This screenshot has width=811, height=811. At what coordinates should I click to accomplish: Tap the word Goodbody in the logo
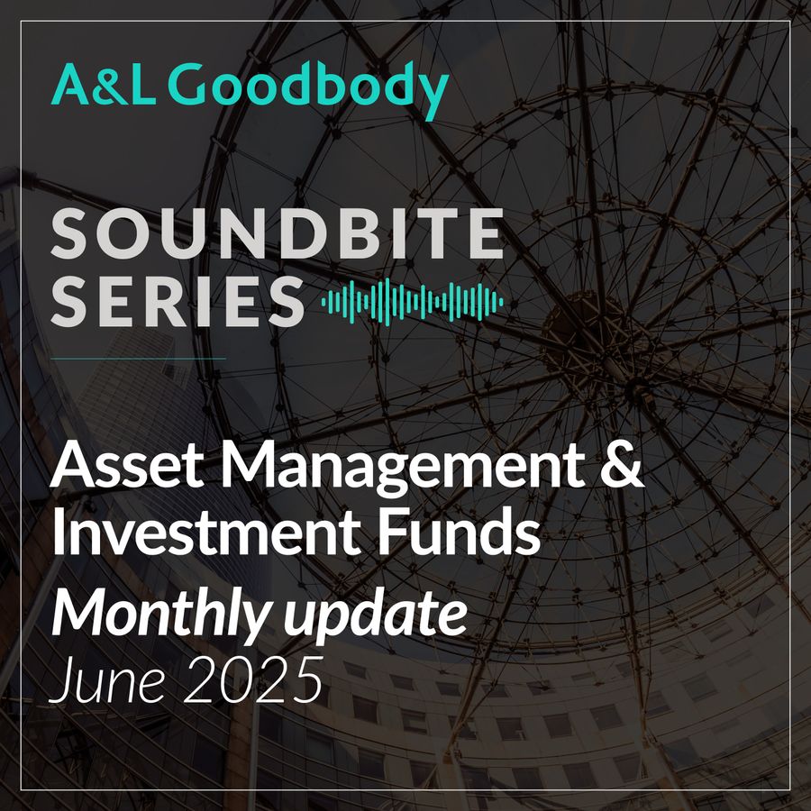pyautogui.click(x=308, y=89)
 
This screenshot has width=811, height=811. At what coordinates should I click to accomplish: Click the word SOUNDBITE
pyautogui.click(x=277, y=233)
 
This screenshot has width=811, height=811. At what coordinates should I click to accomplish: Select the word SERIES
pyautogui.click(x=177, y=301)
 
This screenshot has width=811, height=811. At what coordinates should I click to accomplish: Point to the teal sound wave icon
pyautogui.click(x=412, y=302)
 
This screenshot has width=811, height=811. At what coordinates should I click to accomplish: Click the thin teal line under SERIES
pyautogui.click(x=138, y=358)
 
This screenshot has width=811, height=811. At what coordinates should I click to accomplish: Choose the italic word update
pyautogui.click(x=376, y=618)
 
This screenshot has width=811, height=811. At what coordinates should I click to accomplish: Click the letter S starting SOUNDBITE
pyautogui.click(x=68, y=233)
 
